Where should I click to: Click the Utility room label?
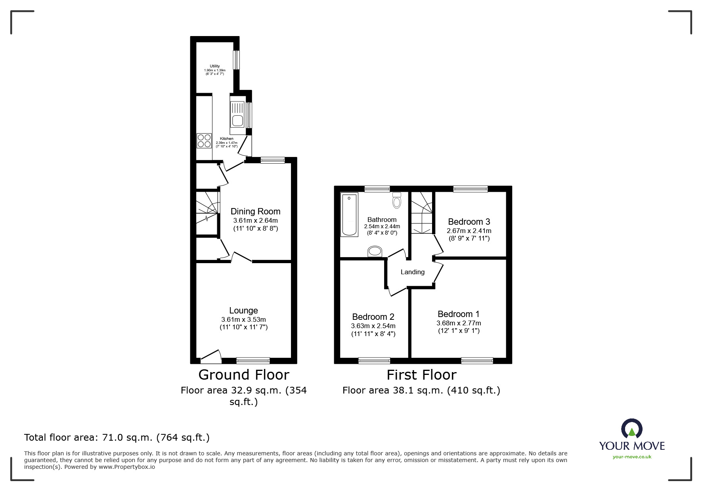[215, 66]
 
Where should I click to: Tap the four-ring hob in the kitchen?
[204, 141]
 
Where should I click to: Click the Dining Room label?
[255, 212]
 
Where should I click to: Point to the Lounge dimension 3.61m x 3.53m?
[243, 319]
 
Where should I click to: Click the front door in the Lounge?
[211, 357]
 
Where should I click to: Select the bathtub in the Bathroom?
[349, 214]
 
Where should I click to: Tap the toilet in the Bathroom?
[397, 201]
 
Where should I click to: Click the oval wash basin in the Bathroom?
[375, 251]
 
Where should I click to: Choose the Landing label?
[412, 272]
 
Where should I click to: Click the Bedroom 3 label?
[469, 222]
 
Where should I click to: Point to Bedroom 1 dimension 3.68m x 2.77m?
[459, 323]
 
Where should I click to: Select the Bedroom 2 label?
[373, 317]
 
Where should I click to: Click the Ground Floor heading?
[243, 374]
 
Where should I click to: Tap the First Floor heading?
[421, 374]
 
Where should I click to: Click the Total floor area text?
[117, 438]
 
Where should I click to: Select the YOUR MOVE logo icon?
[631, 429]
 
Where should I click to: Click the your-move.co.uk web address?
[632, 457]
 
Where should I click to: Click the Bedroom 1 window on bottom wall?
[477, 361]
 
